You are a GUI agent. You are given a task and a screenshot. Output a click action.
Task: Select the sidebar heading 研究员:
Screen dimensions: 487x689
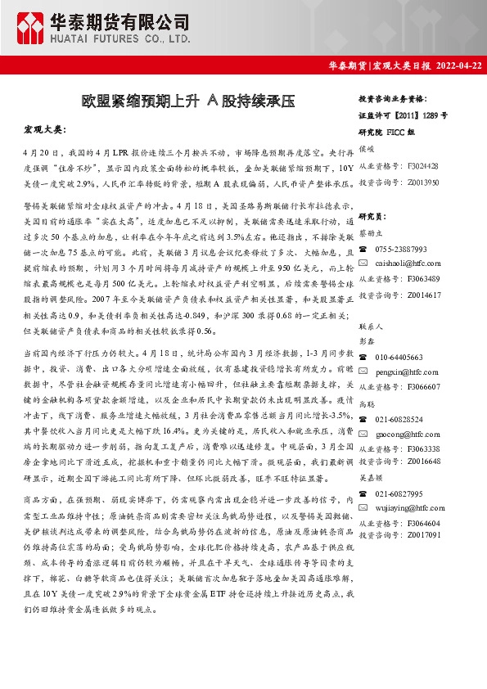click(372, 217)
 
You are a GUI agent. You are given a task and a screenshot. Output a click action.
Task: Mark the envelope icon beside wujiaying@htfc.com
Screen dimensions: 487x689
click(363, 509)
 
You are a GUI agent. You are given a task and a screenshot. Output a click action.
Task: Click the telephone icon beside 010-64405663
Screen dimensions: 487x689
click(363, 358)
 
